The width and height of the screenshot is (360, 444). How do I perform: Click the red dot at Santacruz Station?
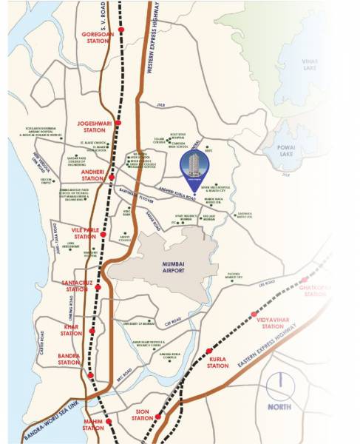(98, 286)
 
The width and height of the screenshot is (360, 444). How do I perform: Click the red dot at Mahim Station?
(109, 422)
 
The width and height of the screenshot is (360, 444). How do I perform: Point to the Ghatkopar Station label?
(315, 291)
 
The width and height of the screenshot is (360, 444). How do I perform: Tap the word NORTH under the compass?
(282, 406)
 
